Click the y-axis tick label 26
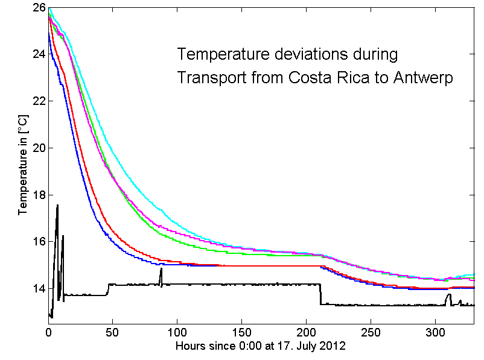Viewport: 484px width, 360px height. coord(39,8)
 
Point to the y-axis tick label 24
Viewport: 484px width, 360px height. coord(39,54)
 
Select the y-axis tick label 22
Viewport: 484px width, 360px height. coord(39,101)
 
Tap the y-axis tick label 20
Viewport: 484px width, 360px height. coord(39,148)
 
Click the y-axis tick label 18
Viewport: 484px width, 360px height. coord(39,195)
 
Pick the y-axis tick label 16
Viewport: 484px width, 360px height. coord(39,242)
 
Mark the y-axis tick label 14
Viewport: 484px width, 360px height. coord(39,288)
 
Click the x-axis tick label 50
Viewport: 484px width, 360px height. coord(113,332)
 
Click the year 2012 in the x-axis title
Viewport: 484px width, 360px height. coord(333,347)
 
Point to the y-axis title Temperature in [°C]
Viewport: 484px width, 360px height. coord(23,166)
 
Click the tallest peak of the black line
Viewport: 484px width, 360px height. coord(57,206)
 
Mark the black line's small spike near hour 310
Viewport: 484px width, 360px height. coord(448,295)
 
